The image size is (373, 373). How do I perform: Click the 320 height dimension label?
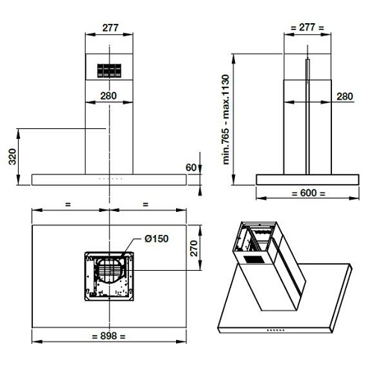(12, 157)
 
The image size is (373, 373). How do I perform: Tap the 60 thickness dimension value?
(191, 168)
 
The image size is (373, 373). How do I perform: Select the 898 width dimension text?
(108, 336)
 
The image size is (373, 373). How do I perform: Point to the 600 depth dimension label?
(308, 192)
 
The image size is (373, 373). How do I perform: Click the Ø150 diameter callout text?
(157, 239)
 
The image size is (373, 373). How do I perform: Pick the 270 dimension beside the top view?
(194, 248)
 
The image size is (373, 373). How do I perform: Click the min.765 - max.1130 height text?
(226, 119)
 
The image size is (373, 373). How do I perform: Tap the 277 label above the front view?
(110, 28)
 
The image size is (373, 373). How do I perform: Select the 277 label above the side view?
(307, 27)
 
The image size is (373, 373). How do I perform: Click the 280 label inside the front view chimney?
(108, 95)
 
